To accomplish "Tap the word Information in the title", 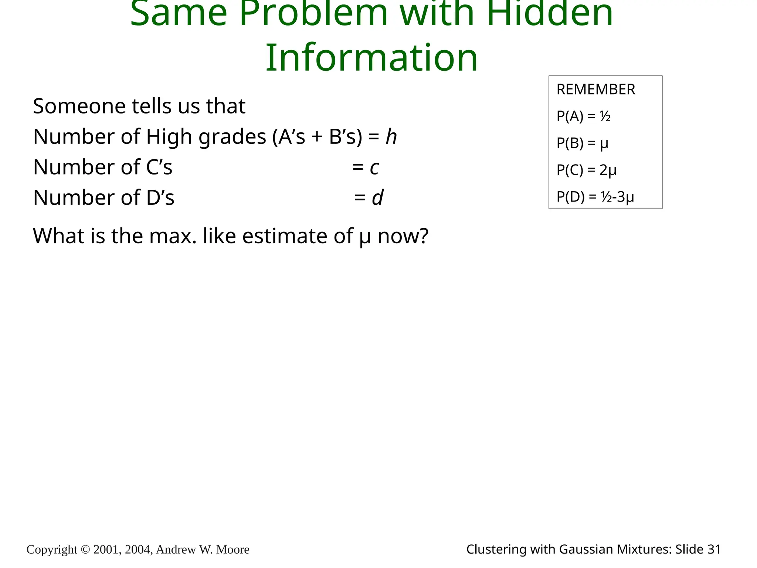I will pyautogui.click(x=372, y=58).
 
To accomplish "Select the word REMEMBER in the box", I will pyautogui.click(x=596, y=89).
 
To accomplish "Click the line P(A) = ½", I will pyautogui.click(x=583, y=116).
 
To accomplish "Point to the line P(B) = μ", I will pyautogui.click(x=582, y=143).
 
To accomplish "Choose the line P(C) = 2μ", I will pyautogui.click(x=586, y=170).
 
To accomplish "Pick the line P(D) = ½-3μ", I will pyautogui.click(x=595, y=197).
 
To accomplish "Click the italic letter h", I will pyautogui.click(x=391, y=136).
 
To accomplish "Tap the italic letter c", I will pyautogui.click(x=374, y=168).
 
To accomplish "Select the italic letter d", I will pyautogui.click(x=378, y=197).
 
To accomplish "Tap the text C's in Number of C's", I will pyautogui.click(x=159, y=167).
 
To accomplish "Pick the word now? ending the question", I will pyautogui.click(x=403, y=236).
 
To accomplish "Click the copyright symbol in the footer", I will pyautogui.click(x=85, y=550).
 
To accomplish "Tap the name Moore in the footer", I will pyautogui.click(x=232, y=550).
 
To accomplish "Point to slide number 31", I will pyautogui.click(x=714, y=550).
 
